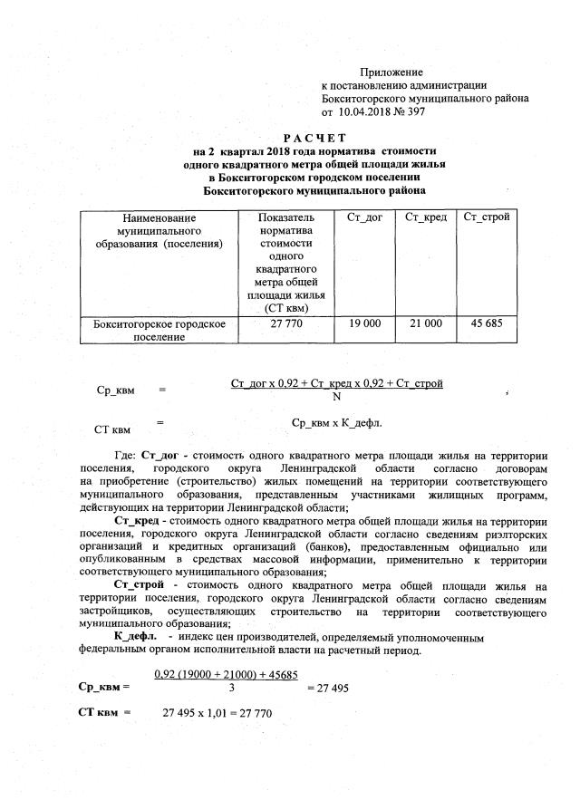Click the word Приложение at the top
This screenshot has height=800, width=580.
pyautogui.click(x=391, y=72)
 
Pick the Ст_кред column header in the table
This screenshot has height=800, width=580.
pyautogui.click(x=425, y=218)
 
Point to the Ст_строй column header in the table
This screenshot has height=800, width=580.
pyautogui.click(x=486, y=218)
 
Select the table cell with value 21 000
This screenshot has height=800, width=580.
pyautogui.click(x=425, y=323)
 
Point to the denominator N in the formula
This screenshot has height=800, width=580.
pyautogui.click(x=337, y=396)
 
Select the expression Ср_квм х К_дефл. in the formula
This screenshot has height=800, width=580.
pyautogui.click(x=337, y=422)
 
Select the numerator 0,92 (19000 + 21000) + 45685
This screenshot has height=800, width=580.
pyautogui.click(x=227, y=675)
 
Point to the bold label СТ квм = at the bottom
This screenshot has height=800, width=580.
pyautogui.click(x=106, y=714)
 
